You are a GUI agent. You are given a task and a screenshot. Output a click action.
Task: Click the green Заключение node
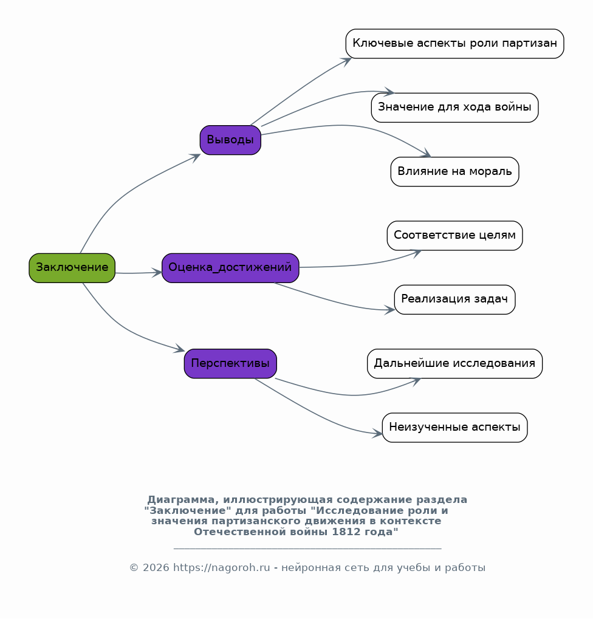click(x=72, y=268)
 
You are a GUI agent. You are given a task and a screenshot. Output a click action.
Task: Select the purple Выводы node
click(x=230, y=140)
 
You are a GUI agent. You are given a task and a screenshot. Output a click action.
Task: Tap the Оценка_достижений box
click(x=230, y=268)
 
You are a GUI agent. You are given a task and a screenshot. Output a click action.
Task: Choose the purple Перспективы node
click(x=230, y=364)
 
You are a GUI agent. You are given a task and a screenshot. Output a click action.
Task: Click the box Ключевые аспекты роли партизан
click(x=454, y=44)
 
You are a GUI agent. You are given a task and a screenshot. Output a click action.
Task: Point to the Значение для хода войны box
click(x=454, y=108)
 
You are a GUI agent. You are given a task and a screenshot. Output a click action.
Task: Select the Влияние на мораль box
click(x=454, y=172)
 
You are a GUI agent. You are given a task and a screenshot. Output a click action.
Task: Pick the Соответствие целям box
click(x=454, y=236)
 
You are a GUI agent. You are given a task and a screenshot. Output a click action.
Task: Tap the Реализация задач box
click(x=454, y=299)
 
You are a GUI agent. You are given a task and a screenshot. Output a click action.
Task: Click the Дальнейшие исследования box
click(x=454, y=364)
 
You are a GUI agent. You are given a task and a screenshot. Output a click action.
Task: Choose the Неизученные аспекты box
click(x=454, y=428)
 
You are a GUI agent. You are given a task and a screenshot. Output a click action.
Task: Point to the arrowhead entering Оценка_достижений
click(x=157, y=272)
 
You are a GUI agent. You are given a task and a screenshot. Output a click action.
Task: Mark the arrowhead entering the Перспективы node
click(x=180, y=349)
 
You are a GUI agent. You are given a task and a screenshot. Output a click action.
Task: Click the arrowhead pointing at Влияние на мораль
click(x=427, y=154)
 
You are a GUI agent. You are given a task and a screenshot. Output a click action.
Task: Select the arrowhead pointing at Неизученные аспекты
click(x=377, y=434)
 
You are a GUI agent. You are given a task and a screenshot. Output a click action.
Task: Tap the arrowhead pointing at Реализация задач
click(x=389, y=310)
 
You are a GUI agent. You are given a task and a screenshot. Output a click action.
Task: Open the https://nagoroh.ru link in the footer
click(x=222, y=568)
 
